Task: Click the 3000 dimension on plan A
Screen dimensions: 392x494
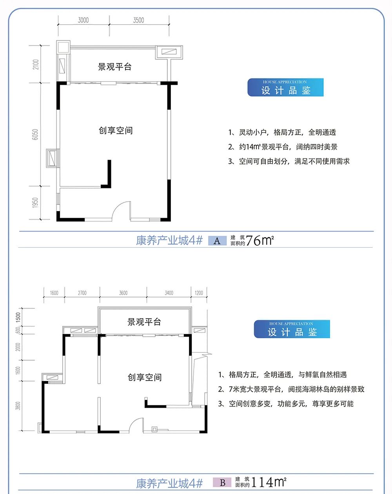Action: tap(83, 20)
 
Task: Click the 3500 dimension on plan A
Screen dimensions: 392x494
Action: tap(138, 20)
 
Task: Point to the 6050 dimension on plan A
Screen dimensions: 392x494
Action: tap(36, 134)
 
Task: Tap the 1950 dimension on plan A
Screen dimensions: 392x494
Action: tap(36, 203)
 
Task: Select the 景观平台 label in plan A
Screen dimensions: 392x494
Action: tap(114, 67)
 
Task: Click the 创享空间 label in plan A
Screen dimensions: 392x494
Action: tap(116, 130)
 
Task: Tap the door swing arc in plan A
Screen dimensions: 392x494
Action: tap(121, 210)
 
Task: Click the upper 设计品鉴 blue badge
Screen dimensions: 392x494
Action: tap(285, 87)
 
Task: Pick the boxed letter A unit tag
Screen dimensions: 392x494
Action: tap(217, 241)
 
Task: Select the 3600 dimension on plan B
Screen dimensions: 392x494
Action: tap(123, 293)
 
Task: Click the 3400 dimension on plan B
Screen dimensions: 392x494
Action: tap(169, 293)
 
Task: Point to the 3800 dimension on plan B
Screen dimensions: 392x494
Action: tap(18, 405)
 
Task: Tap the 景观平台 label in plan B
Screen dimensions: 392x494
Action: tap(144, 322)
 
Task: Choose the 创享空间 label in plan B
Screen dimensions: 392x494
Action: tap(145, 377)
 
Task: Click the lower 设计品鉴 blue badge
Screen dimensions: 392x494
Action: tap(292, 329)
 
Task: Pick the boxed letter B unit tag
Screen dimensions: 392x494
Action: tap(223, 483)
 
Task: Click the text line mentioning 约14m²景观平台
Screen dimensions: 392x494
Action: tap(283, 147)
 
